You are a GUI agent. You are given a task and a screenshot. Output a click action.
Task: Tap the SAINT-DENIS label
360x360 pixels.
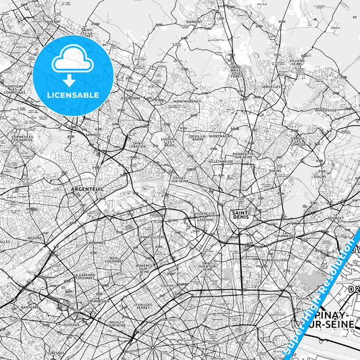[x=242, y=215]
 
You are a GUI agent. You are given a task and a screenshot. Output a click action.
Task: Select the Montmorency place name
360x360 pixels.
[x=187, y=102]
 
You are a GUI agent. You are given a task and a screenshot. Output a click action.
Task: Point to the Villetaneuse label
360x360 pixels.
[x=221, y=162]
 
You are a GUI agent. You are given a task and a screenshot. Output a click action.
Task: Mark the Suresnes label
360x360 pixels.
[x=56, y=352]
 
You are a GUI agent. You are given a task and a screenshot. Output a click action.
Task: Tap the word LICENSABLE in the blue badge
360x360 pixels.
[x=72, y=95]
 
